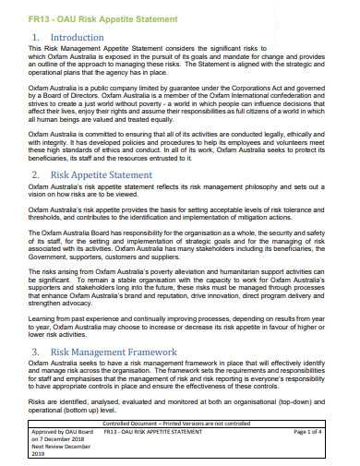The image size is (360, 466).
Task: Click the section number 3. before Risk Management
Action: tap(37, 352)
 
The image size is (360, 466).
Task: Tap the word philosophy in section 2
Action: tap(264, 188)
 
